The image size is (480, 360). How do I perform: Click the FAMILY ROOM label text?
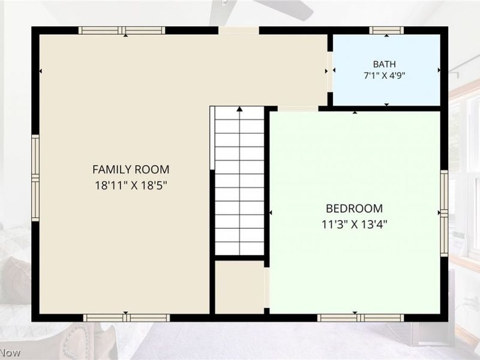(131, 169)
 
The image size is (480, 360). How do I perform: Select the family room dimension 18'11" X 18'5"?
(131, 185)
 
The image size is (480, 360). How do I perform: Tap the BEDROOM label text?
(354, 208)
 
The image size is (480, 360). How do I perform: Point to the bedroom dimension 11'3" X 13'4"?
(354, 224)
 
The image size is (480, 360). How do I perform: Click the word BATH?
(384, 64)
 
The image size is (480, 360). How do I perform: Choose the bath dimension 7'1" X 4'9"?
(384, 76)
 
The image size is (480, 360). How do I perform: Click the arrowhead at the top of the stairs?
(239, 109)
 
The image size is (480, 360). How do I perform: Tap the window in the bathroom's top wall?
(386, 31)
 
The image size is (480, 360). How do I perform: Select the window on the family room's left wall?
(35, 178)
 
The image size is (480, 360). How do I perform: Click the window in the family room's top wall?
(122, 31)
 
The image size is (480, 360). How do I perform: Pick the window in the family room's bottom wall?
(127, 318)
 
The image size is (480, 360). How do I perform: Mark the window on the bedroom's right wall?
(444, 214)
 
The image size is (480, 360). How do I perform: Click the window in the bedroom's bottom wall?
(361, 318)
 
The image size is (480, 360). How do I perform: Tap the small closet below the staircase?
(239, 287)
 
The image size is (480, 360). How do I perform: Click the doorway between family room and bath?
(330, 71)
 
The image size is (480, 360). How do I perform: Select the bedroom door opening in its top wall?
(298, 109)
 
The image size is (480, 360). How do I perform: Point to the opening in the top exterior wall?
(239, 31)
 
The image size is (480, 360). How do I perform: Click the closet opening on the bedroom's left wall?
(266, 288)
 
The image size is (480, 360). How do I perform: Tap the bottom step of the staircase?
(239, 248)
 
